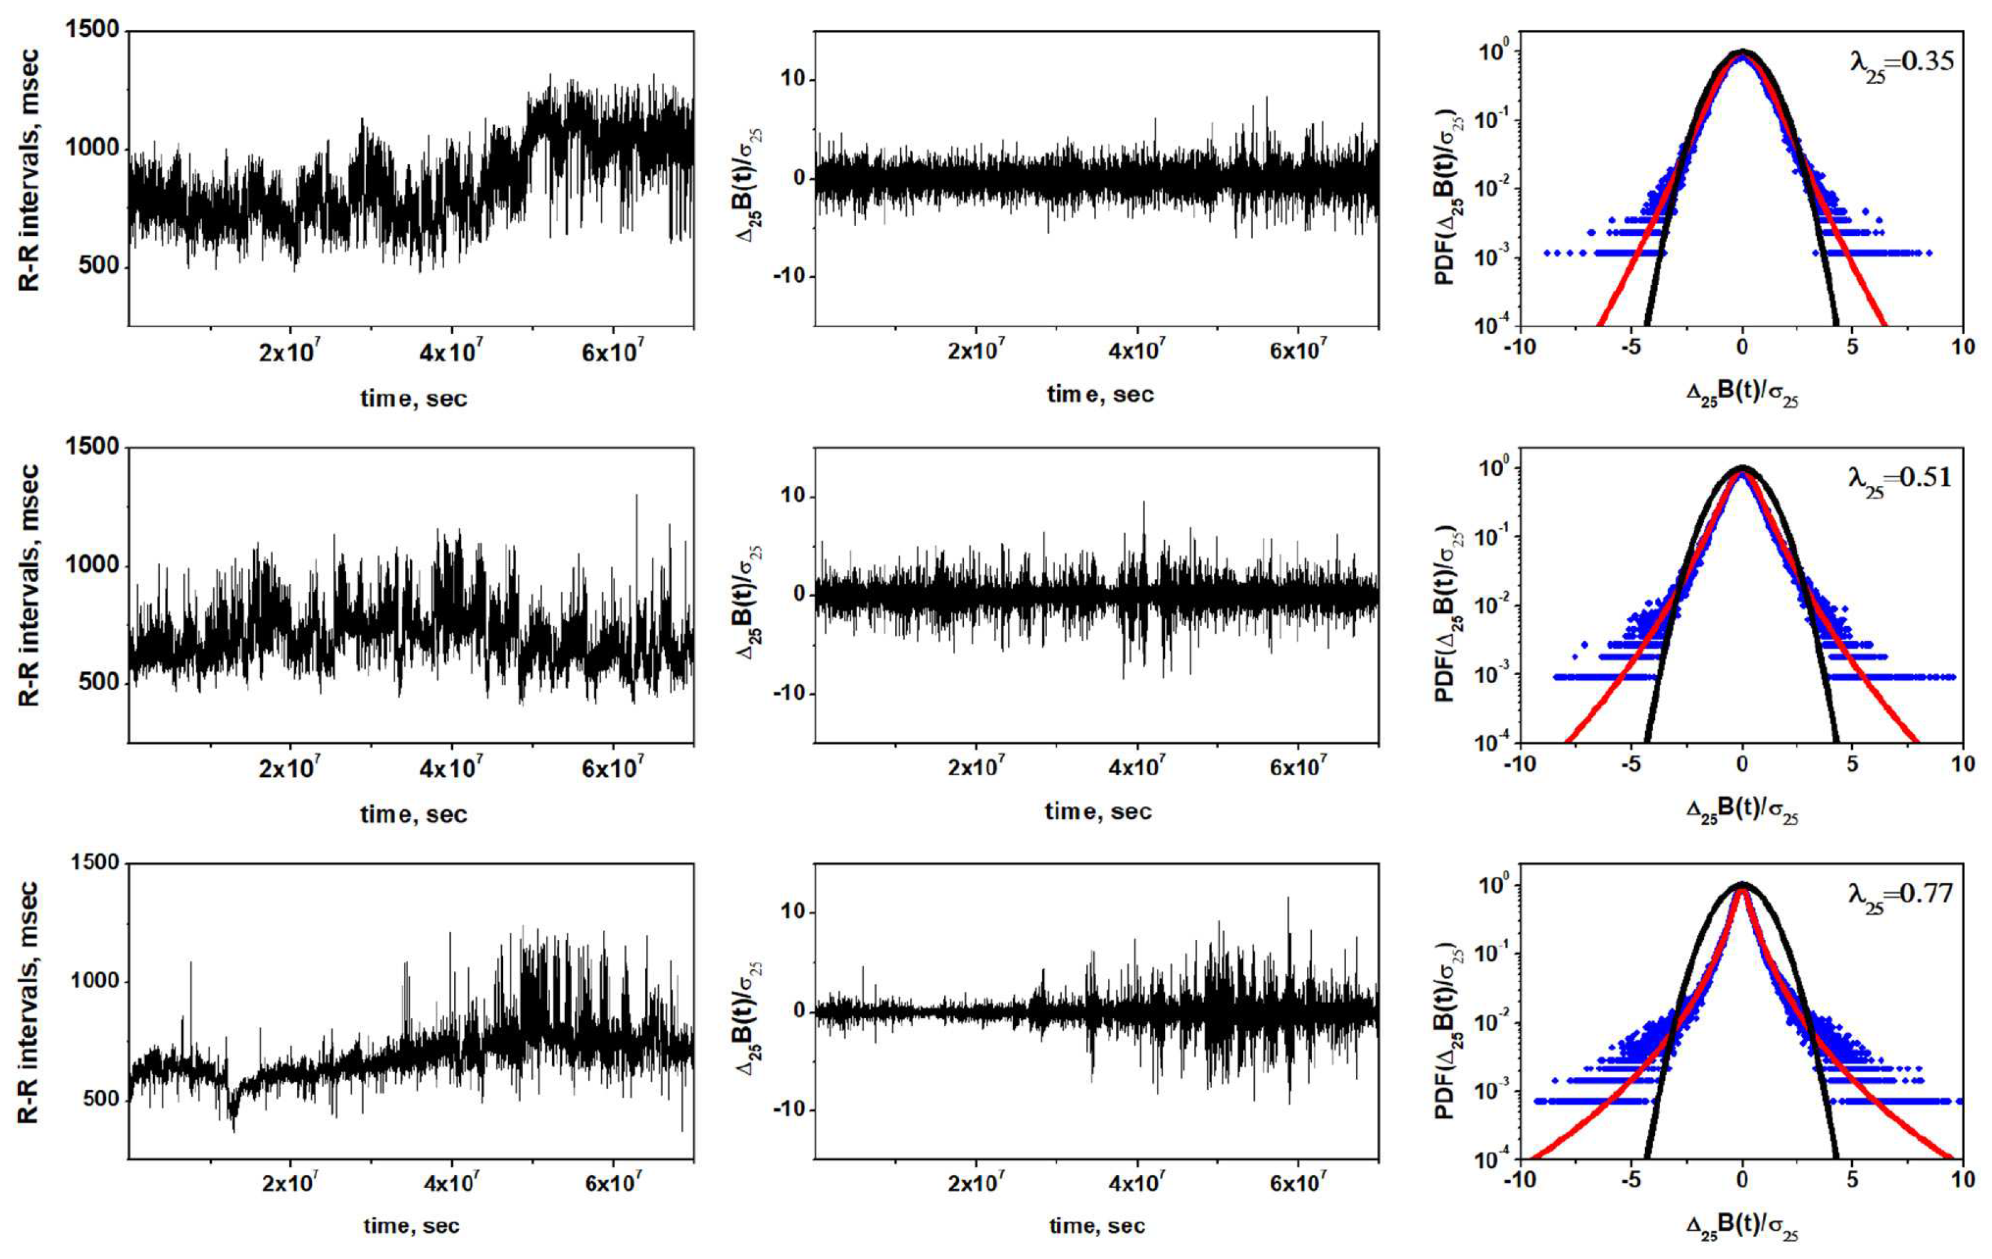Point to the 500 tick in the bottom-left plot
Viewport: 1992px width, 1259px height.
(x=102, y=1099)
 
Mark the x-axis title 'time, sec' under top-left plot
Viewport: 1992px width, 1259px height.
(x=414, y=399)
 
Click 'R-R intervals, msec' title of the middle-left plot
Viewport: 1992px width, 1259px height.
(x=29, y=586)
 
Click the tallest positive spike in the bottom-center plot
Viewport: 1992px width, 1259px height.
(x=1288, y=898)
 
